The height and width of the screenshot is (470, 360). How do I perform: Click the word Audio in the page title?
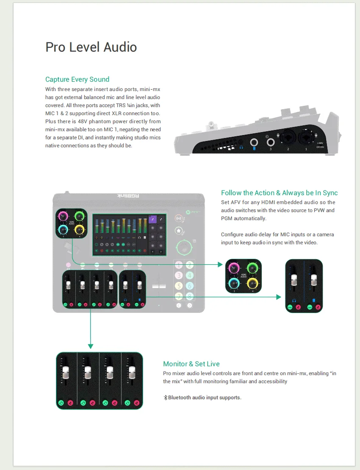coord(120,47)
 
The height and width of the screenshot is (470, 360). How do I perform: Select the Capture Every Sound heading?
coord(78,80)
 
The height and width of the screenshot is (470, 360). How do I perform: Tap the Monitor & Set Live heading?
coord(191,364)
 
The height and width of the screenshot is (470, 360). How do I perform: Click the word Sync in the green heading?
coord(330,193)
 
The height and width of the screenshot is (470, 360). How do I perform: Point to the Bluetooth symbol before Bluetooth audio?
coord(165,398)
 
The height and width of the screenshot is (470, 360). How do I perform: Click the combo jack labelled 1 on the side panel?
coord(306,138)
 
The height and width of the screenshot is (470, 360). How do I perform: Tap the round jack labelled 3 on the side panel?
coord(270,142)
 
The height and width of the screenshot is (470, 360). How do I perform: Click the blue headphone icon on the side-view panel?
coord(241,147)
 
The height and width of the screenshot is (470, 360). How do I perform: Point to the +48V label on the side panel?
coord(320,143)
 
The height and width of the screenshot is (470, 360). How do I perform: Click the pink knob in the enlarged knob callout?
coord(234,268)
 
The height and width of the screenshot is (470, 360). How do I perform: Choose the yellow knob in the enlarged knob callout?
coord(252,283)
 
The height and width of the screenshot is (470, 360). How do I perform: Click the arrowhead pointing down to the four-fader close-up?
coord(91,346)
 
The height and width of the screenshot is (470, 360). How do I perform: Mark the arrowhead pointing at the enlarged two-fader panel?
coord(279,297)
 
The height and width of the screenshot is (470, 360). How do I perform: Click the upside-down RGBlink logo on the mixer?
coord(128,196)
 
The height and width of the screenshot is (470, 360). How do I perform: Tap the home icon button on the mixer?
coord(179,231)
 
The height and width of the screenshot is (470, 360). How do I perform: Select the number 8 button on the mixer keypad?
coord(189,297)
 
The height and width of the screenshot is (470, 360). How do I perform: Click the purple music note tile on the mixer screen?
coord(152,219)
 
